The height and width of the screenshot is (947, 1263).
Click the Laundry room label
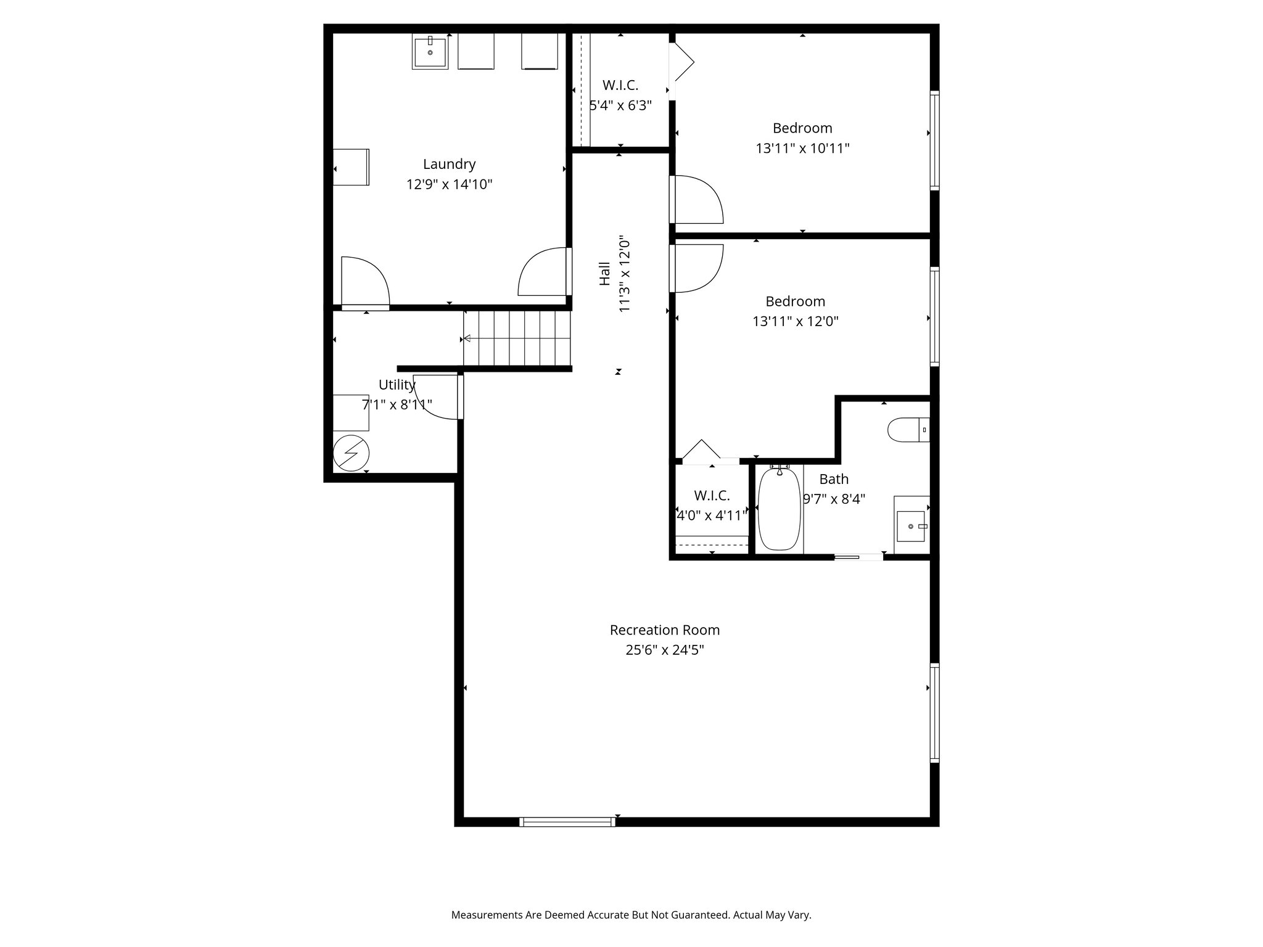pyautogui.click(x=449, y=164)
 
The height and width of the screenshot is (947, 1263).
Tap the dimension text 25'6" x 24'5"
pyautogui.click(x=664, y=650)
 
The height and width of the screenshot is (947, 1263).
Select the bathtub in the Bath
pyautogui.click(x=779, y=509)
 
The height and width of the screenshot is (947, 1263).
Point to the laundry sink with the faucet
pyautogui.click(x=430, y=52)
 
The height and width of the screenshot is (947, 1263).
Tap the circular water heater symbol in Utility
pyautogui.click(x=351, y=454)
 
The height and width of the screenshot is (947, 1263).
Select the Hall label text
pyautogui.click(x=604, y=274)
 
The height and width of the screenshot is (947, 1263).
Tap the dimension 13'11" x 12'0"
pyautogui.click(x=795, y=321)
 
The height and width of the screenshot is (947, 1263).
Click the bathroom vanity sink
pyautogui.click(x=911, y=526)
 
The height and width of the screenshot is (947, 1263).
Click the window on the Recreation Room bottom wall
pyautogui.click(x=567, y=821)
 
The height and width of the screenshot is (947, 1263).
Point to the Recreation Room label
pyautogui.click(x=664, y=629)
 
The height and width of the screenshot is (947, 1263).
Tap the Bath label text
pyautogui.click(x=834, y=479)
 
